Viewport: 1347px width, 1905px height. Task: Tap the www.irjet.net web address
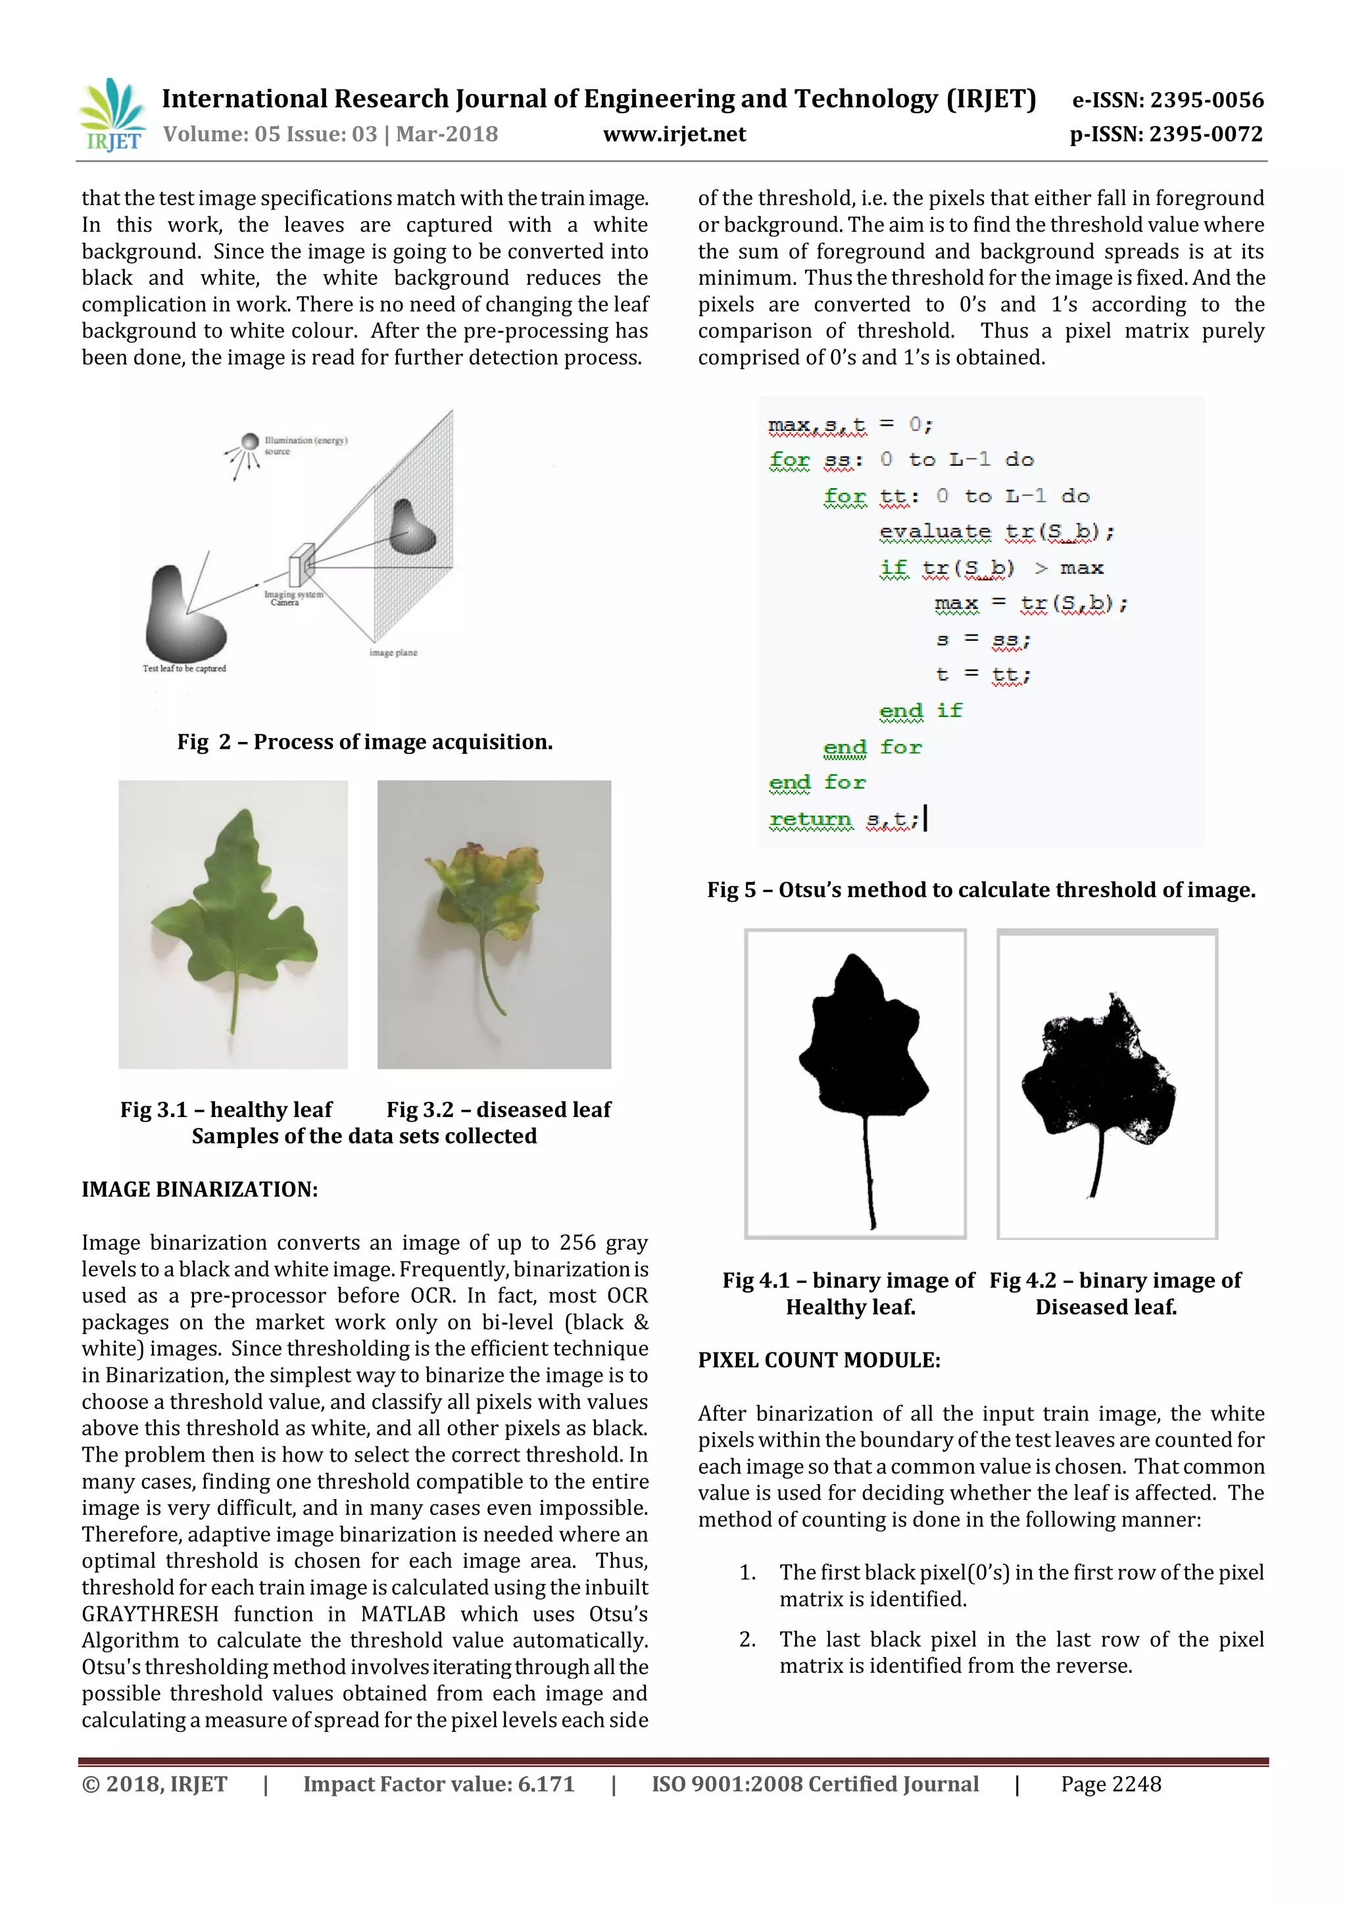[x=673, y=134]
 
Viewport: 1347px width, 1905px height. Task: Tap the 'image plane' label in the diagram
[x=393, y=653]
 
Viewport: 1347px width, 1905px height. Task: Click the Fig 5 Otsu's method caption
[x=981, y=890]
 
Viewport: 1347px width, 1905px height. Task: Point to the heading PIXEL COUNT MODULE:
[x=819, y=1360]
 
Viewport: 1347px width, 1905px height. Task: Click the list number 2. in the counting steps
[x=747, y=1639]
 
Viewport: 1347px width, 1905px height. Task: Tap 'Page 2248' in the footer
[x=1111, y=1784]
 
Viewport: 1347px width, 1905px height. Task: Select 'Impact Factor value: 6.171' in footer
[x=438, y=1784]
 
